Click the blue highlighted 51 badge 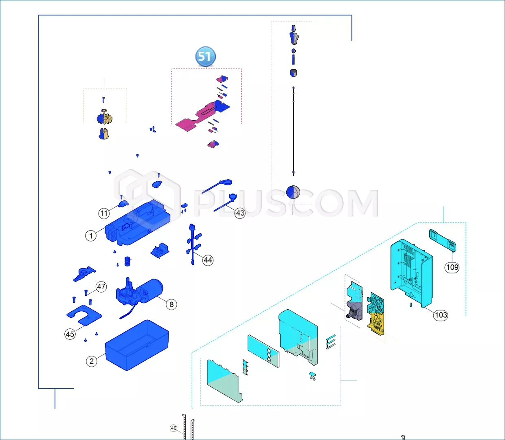[x=205, y=57]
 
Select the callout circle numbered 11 [x=104, y=213]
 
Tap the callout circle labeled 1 [x=91, y=236]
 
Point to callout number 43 [x=240, y=213]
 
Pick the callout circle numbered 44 [x=208, y=260]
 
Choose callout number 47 [x=101, y=287]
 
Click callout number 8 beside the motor [x=171, y=304]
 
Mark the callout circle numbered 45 [x=70, y=334]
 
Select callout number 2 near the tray [x=91, y=361]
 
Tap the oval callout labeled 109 [x=452, y=267]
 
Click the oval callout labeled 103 [x=441, y=315]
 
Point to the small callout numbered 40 [x=173, y=428]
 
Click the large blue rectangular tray [x=137, y=345]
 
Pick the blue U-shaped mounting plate [x=84, y=315]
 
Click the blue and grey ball [x=293, y=192]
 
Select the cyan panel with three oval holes [x=263, y=351]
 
